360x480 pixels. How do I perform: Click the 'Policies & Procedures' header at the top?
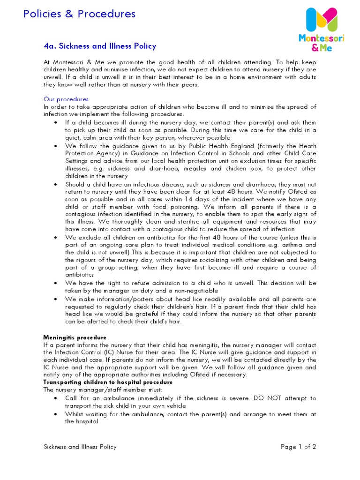coord(79,14)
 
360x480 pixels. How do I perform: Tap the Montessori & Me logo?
coord(321,29)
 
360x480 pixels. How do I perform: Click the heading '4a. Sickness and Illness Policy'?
coord(99,46)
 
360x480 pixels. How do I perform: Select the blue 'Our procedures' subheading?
coord(66,99)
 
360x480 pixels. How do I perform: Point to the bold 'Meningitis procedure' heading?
coord(75,337)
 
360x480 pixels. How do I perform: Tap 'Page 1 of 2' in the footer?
coord(298,447)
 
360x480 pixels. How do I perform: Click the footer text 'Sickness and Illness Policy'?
coord(80,447)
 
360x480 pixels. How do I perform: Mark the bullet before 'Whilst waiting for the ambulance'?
coord(56,414)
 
